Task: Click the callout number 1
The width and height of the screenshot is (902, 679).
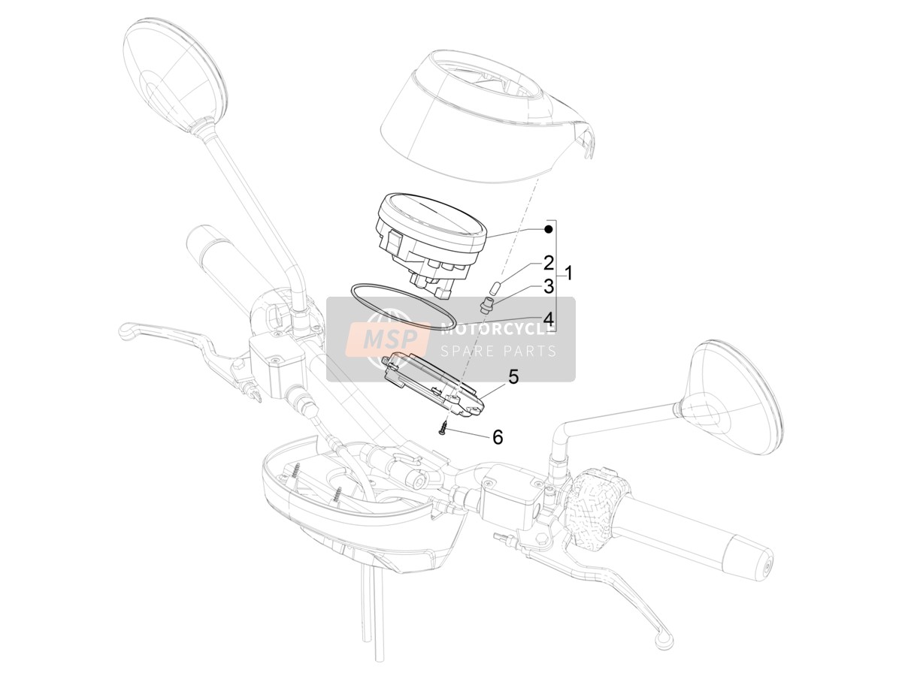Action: pyautogui.click(x=568, y=273)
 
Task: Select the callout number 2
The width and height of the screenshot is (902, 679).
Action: pyautogui.click(x=549, y=263)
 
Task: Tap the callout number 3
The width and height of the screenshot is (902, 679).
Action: pyautogui.click(x=549, y=287)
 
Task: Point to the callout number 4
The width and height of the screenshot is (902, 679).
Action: pyautogui.click(x=549, y=319)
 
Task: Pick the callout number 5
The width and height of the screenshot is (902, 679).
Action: pyautogui.click(x=513, y=377)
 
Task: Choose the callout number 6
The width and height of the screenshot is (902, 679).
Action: pyautogui.click(x=498, y=437)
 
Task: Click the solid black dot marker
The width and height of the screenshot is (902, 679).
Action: pyautogui.click(x=548, y=229)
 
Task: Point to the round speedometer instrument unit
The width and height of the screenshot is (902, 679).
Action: pyautogui.click(x=431, y=243)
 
